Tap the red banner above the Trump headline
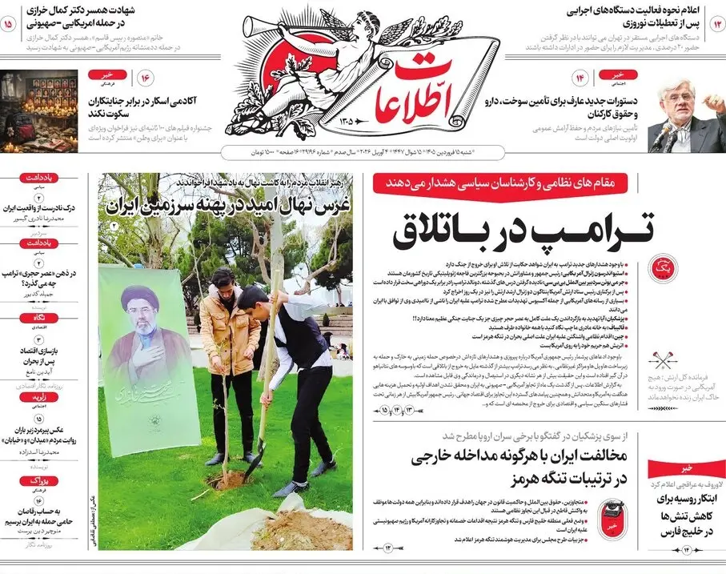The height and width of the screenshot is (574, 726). (x=512, y=183)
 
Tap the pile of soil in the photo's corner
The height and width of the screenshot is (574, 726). (x=300, y=528)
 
